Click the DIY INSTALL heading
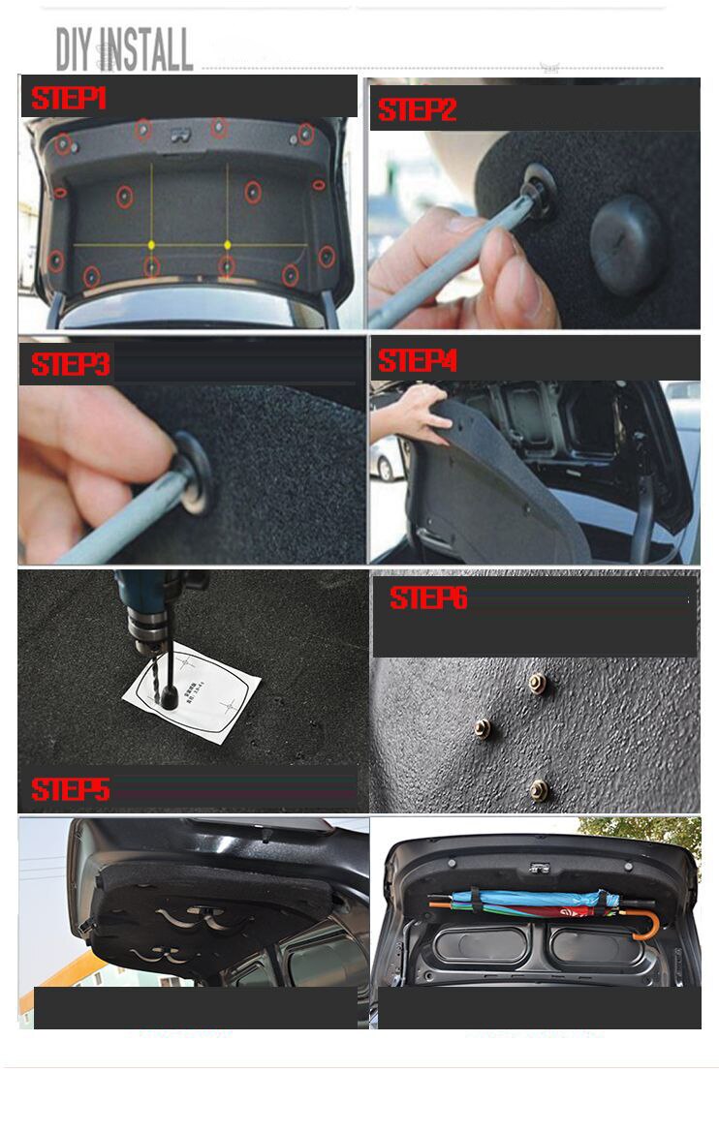click(x=124, y=49)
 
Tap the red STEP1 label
click(x=69, y=98)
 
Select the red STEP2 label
click(x=417, y=110)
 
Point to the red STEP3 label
click(x=70, y=365)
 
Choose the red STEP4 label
click(x=417, y=361)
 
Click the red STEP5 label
click(x=70, y=789)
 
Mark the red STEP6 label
click(x=428, y=598)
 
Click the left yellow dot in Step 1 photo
click(x=151, y=244)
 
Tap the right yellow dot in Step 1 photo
click(x=228, y=244)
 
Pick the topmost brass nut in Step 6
click(x=537, y=684)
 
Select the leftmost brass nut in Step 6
click(x=481, y=727)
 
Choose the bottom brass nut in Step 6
click(x=539, y=789)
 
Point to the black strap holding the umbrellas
click(x=477, y=901)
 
